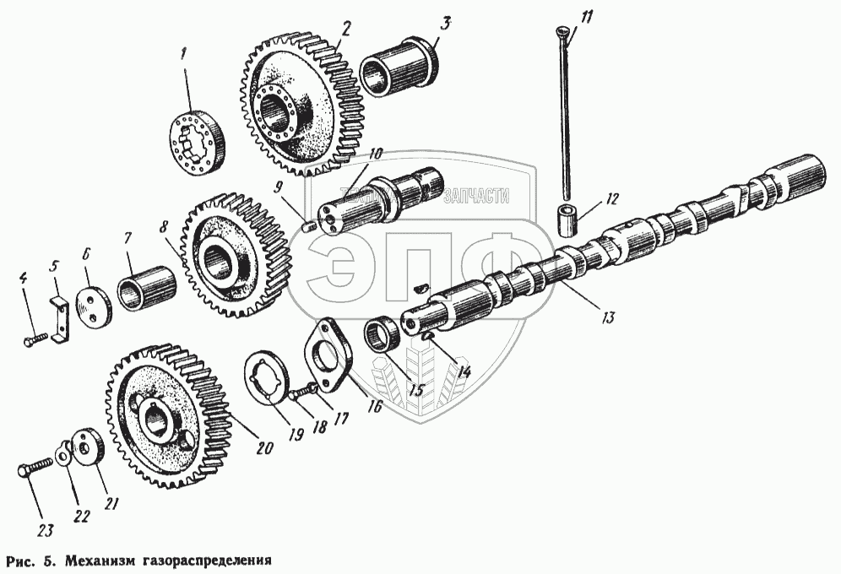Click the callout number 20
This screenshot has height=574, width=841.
pyautogui.click(x=264, y=448)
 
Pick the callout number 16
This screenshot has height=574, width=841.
pyautogui.click(x=374, y=407)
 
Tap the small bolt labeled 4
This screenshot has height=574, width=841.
pyautogui.click(x=35, y=338)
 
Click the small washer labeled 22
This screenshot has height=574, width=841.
pyautogui.click(x=62, y=457)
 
